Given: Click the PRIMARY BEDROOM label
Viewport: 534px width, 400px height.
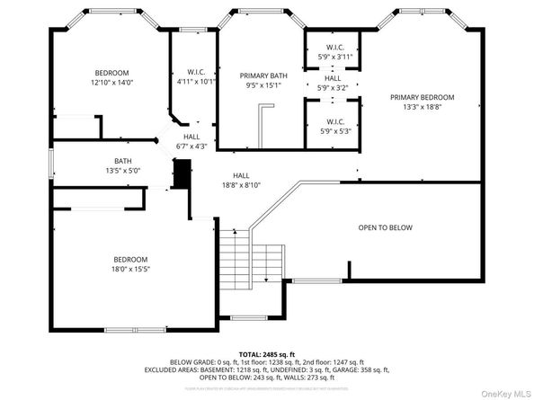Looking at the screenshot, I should [422, 97].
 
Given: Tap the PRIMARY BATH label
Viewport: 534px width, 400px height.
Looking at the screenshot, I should [261, 76].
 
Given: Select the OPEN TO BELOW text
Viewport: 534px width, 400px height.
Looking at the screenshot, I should [385, 227].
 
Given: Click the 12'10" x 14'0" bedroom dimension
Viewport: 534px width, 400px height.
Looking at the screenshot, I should [112, 83].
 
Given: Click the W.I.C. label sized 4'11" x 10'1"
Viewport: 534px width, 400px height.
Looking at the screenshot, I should [198, 72].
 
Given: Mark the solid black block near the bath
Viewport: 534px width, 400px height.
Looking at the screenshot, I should [182, 173].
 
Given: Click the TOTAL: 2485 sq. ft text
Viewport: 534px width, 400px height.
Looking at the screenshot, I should [267, 353].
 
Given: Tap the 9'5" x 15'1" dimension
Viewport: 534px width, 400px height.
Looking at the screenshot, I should [261, 86].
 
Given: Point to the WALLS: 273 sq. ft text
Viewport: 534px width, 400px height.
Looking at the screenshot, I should [310, 378].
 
